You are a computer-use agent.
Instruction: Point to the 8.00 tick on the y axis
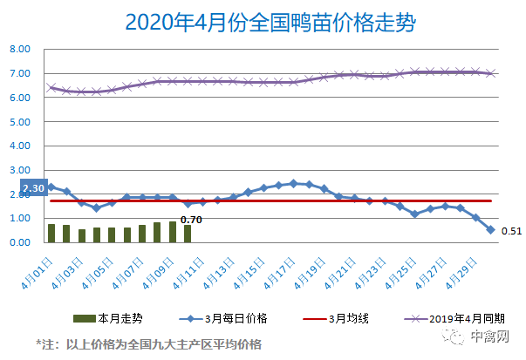[x=21, y=50]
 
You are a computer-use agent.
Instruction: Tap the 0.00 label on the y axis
[x=21, y=242]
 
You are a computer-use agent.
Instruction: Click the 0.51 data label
[x=511, y=231]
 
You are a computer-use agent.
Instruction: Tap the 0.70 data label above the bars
[x=191, y=219]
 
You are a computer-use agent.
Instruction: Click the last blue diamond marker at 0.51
[x=490, y=230]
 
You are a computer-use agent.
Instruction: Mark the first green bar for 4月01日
[x=51, y=233]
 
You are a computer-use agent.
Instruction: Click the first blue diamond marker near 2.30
[x=51, y=187]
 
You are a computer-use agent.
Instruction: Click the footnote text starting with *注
[x=148, y=343]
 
